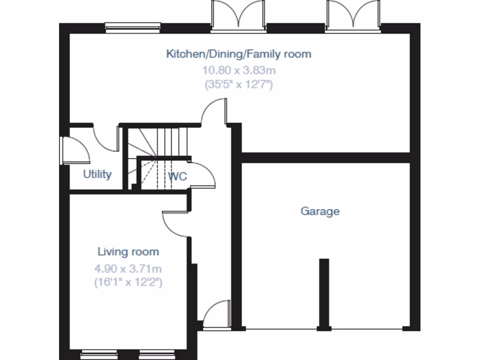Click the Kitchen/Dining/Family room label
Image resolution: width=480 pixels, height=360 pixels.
239,54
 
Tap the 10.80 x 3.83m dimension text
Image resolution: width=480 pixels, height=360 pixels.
239,71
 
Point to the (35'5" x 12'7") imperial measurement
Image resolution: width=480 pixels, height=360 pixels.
239,85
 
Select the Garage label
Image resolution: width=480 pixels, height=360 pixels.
320,211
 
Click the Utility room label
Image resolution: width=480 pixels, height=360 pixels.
97,174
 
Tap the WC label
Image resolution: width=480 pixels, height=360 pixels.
178,177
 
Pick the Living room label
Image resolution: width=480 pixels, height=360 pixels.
128,252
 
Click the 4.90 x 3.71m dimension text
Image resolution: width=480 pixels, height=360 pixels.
128,269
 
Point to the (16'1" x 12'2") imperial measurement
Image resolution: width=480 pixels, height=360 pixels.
128,283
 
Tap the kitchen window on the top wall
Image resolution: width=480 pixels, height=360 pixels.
133,27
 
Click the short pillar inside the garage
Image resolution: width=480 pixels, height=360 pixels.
323,293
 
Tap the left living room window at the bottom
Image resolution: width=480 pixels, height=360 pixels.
97,355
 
